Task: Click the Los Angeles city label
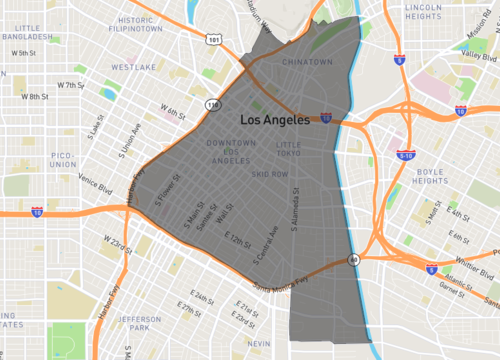coord(282,119)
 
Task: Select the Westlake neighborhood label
coord(132,67)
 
